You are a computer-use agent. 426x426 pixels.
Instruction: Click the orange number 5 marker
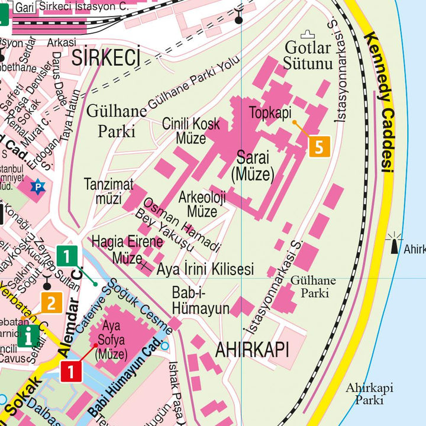pyautogui.click(x=319, y=146)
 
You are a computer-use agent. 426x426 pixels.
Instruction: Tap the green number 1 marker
pyautogui.click(x=67, y=257)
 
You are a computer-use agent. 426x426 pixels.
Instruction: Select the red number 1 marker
pyautogui.click(x=70, y=372)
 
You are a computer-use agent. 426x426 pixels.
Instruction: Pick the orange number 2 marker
pyautogui.click(x=51, y=304)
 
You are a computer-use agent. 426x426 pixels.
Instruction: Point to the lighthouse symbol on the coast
pyautogui.click(x=393, y=245)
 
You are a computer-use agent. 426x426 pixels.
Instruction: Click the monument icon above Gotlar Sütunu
pyautogui.click(x=306, y=35)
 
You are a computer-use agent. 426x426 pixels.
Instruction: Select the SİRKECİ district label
pyautogui.click(x=106, y=58)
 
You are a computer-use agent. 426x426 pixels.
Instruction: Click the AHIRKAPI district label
pyautogui.click(x=252, y=350)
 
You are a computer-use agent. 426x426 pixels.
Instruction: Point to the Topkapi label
pyautogui.click(x=270, y=113)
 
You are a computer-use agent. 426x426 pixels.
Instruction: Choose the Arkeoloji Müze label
pyautogui.click(x=202, y=204)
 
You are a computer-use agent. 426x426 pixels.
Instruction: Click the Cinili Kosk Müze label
pyautogui.click(x=191, y=131)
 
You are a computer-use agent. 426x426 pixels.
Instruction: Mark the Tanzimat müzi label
pyautogui.click(x=108, y=190)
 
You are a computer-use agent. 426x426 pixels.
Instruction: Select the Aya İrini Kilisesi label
pyautogui.click(x=205, y=269)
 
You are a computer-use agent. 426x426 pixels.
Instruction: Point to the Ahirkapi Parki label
pyautogui.click(x=370, y=393)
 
